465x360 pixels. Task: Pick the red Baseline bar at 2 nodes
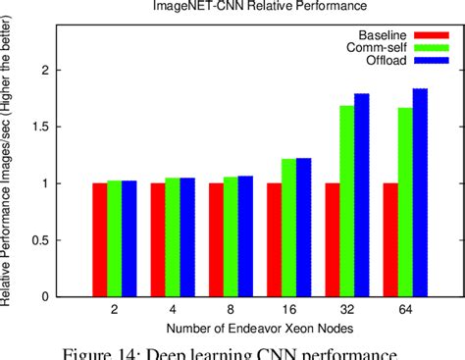pyautogui.click(x=100, y=239)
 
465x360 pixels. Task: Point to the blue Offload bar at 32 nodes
pyautogui.click(x=362, y=195)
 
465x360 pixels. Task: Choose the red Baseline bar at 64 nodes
pyautogui.click(x=390, y=239)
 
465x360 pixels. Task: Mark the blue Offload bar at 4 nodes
pyautogui.click(x=187, y=237)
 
